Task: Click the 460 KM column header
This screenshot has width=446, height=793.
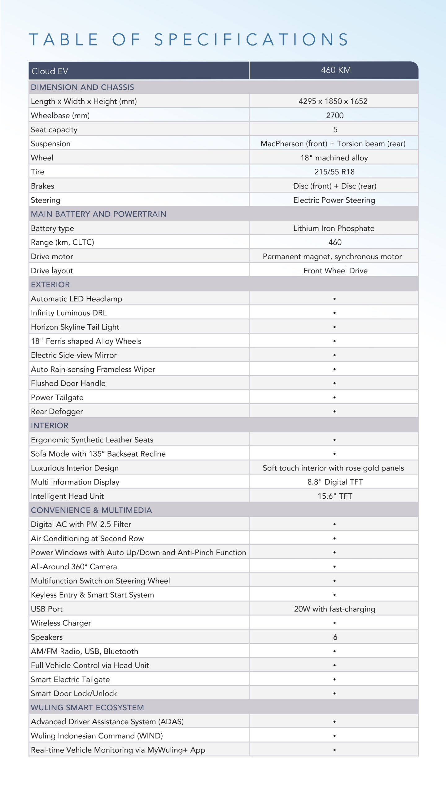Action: [336, 70]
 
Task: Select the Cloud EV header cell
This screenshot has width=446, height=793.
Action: [50, 71]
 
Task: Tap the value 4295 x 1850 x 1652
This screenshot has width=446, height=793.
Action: [333, 101]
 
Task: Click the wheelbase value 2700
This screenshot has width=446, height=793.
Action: [335, 116]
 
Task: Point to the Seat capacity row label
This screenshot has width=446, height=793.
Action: [54, 130]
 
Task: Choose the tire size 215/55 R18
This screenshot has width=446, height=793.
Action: [334, 172]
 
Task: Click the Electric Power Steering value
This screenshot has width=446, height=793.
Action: [334, 200]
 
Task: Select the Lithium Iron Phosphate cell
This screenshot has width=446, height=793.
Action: [334, 228]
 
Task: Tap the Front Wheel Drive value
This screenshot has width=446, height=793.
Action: [335, 271]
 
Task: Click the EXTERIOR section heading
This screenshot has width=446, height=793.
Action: [50, 285]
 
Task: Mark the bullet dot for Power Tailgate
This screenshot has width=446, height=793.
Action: [334, 397]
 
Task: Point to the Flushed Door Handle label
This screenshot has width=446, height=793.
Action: [68, 383]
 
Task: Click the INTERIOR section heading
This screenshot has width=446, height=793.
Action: [50, 426]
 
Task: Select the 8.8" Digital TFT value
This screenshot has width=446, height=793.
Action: [335, 482]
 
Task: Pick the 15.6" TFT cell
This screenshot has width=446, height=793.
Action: [335, 496]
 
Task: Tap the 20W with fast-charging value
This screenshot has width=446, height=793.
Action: [334, 609]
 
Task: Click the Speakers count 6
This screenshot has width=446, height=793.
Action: [335, 637]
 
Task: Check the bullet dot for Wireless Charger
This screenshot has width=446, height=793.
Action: [334, 623]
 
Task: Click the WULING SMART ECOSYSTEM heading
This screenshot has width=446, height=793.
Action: [87, 708]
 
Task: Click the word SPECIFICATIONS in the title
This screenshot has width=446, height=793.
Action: [251, 40]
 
